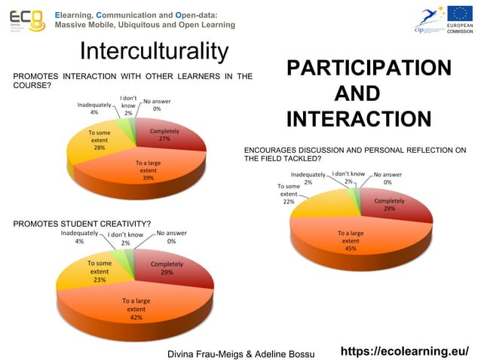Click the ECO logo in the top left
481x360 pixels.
pyautogui.click(x=26, y=20)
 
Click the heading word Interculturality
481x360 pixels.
pyautogui.click(x=153, y=52)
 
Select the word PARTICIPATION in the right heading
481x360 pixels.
pyautogui.click(x=369, y=69)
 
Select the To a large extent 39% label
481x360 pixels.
pyautogui.click(x=148, y=170)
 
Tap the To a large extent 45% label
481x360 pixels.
pyautogui.click(x=351, y=240)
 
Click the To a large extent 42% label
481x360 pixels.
pyautogui.click(x=136, y=309)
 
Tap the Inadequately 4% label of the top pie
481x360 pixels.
pyautogui.click(x=94, y=108)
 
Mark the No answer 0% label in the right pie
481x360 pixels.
pyautogui.click(x=387, y=178)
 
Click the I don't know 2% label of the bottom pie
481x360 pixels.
pyautogui.click(x=125, y=239)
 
